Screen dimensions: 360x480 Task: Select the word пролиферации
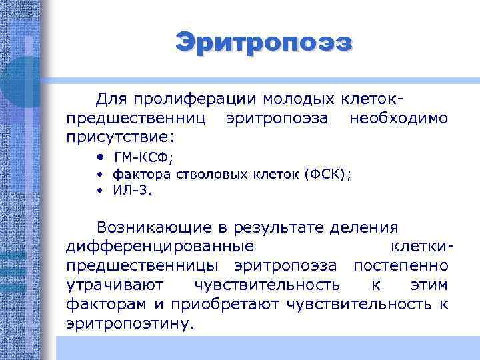click(194, 99)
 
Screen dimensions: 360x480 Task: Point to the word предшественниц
click(137, 119)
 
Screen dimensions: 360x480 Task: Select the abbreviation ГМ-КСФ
click(143, 158)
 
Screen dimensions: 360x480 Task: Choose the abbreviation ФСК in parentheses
click(325, 175)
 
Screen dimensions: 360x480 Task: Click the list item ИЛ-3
click(132, 190)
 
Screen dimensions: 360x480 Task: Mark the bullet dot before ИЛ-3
click(98, 190)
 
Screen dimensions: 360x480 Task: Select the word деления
click(369, 227)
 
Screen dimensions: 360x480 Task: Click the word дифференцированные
click(160, 247)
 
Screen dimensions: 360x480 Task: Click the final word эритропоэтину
click(132, 324)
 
